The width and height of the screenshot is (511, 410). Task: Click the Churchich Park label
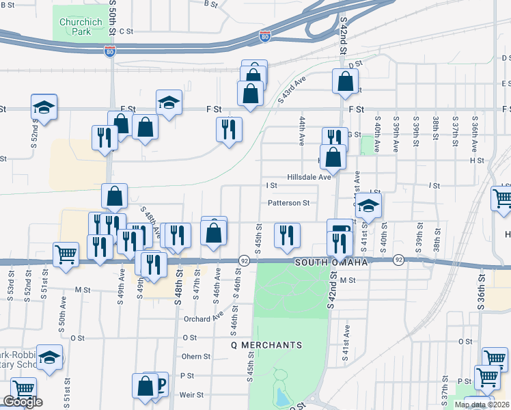[x=81, y=27]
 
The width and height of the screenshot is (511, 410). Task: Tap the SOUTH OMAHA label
[x=331, y=262]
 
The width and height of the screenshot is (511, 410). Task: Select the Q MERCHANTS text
[x=266, y=345]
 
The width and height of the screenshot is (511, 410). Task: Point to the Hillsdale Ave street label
[x=309, y=176]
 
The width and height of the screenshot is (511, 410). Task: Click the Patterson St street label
[x=288, y=202]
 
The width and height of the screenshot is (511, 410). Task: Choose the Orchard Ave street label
[x=203, y=318]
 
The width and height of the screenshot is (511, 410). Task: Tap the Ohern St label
[x=195, y=356]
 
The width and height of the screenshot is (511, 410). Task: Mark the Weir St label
[x=191, y=394]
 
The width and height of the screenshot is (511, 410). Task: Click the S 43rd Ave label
[x=290, y=91]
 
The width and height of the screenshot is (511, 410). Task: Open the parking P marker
[x=161, y=385]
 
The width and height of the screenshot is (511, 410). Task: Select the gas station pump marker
[x=340, y=230]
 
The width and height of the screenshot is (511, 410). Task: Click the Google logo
[x=23, y=402]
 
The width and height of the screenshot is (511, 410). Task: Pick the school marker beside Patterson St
[x=368, y=205]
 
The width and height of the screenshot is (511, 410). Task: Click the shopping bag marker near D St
[x=345, y=81]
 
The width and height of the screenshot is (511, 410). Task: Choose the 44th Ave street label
[x=301, y=130]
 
